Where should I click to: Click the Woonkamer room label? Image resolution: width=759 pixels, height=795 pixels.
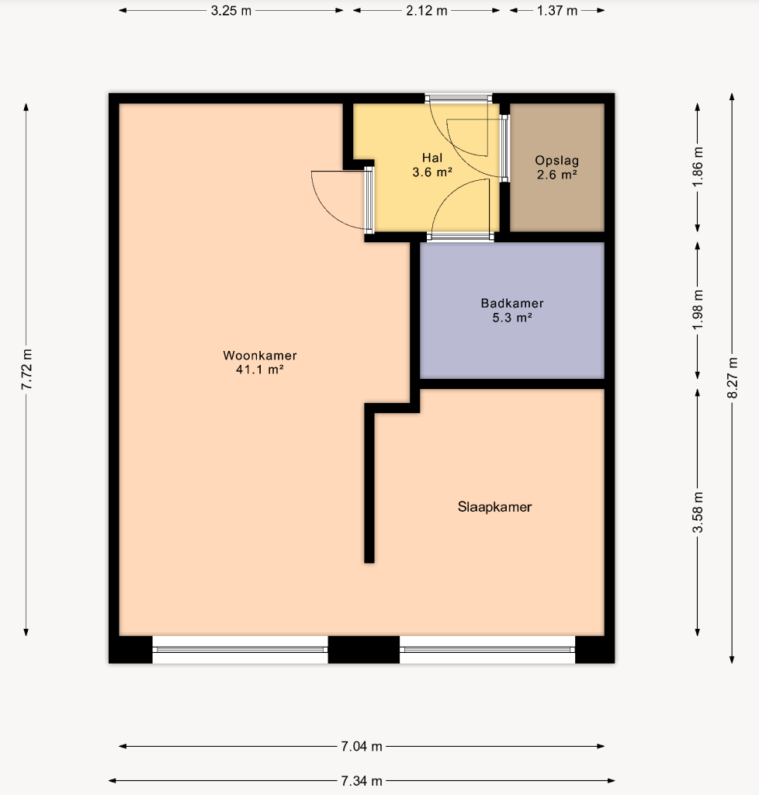(260, 356)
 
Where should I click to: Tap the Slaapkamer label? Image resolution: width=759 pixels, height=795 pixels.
(495, 507)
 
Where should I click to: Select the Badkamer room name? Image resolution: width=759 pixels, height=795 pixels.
(512, 304)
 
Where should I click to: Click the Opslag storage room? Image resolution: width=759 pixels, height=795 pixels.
(557, 168)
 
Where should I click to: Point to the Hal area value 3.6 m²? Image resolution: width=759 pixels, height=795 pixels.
(432, 172)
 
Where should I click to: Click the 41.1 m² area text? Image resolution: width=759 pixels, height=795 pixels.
(259, 370)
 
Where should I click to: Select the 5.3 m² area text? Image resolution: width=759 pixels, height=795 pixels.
(512, 318)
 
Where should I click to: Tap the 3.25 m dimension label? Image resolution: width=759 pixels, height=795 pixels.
(231, 11)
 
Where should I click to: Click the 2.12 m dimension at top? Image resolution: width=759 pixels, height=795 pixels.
(427, 11)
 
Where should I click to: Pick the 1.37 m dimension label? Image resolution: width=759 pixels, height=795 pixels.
(557, 11)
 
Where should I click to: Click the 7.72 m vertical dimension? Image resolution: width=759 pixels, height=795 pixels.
(26, 370)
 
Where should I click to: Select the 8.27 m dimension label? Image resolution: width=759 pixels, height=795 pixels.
(733, 378)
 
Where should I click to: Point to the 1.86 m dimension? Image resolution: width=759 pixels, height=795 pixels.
(698, 166)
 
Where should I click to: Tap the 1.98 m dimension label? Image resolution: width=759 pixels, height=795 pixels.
(698, 309)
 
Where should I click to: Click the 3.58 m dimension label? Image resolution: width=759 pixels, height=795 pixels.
(698, 512)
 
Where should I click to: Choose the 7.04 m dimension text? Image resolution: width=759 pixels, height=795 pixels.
(361, 746)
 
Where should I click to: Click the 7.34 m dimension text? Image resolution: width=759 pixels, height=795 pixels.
(361, 781)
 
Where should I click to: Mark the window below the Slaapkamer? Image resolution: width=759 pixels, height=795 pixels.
(487, 650)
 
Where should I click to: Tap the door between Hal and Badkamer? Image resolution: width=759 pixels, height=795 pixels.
(460, 236)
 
